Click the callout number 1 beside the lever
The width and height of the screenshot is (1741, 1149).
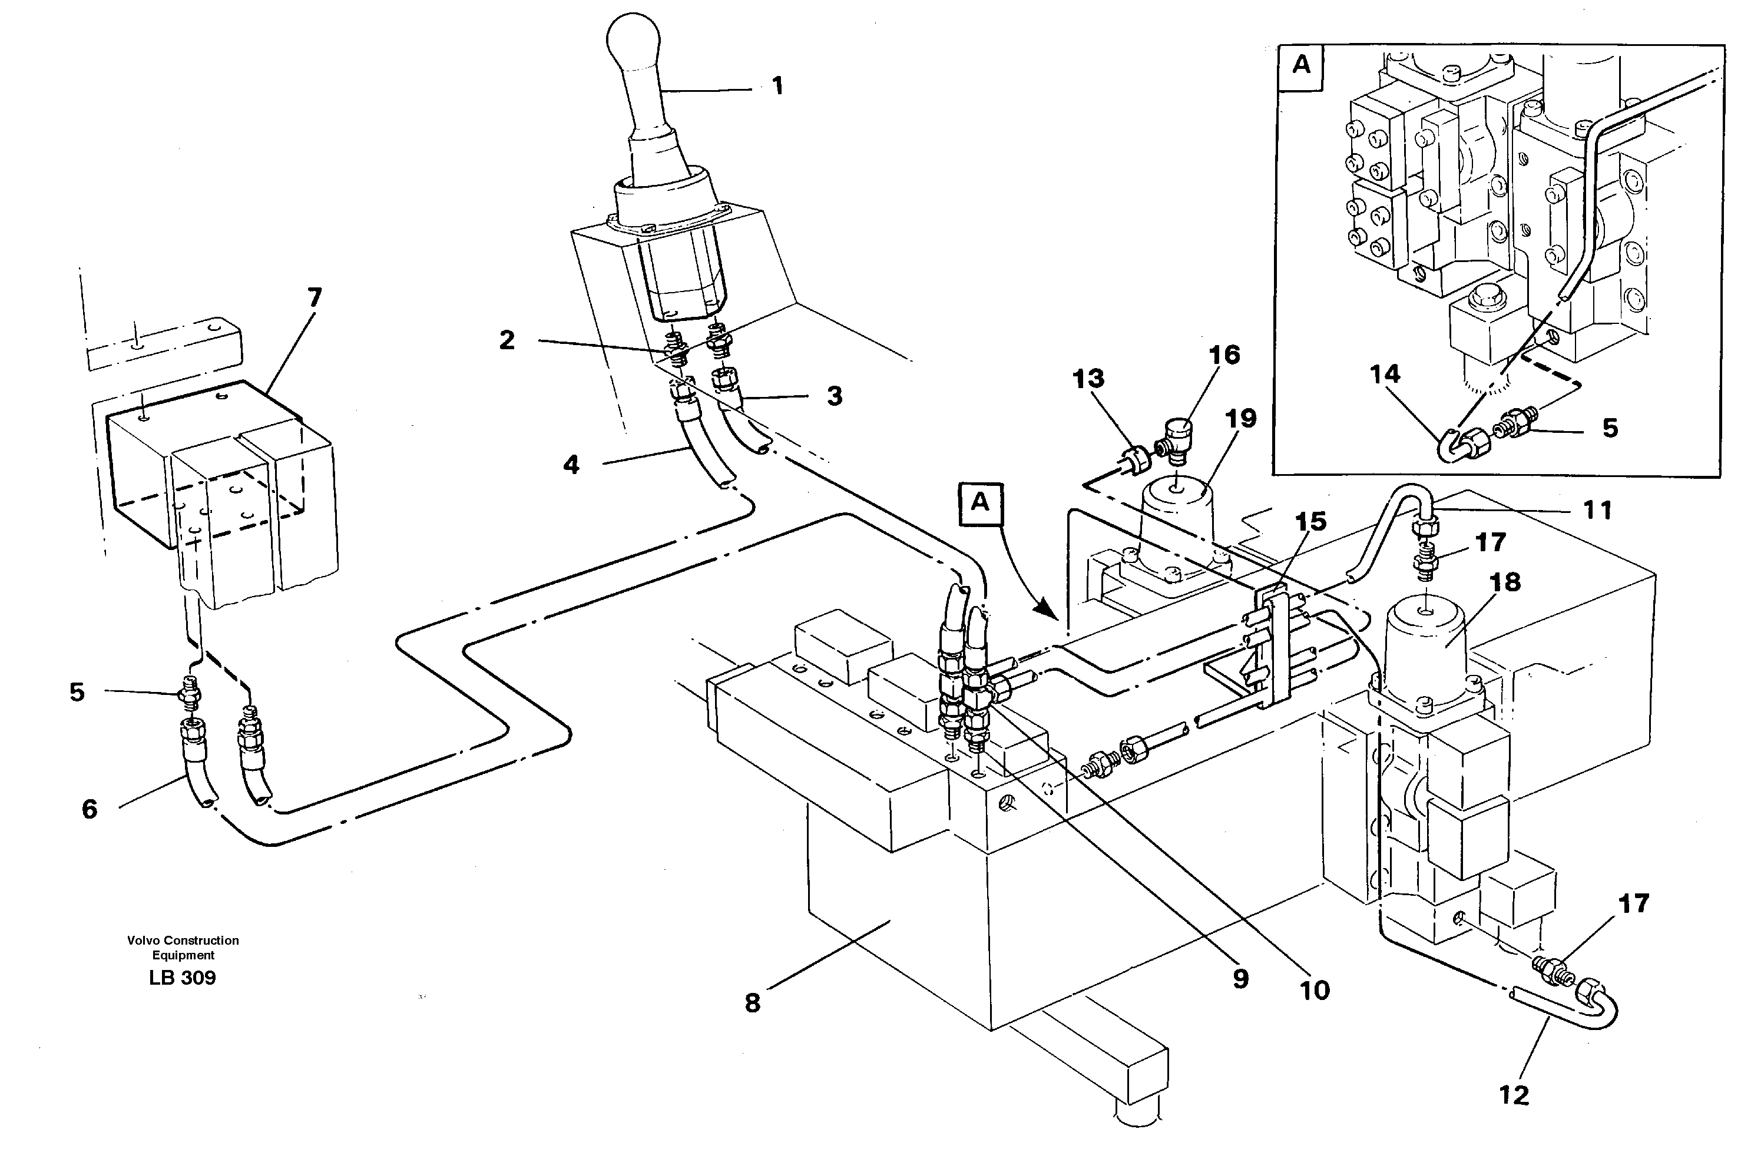[777, 87]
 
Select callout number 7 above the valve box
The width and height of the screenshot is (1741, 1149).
[313, 297]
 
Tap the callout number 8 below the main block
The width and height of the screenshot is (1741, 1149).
[753, 1003]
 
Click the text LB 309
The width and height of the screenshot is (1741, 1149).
[182, 978]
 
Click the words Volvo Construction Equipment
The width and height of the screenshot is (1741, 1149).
[183, 948]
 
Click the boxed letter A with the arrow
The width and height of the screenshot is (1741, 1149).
[979, 503]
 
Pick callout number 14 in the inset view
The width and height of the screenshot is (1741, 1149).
[1384, 375]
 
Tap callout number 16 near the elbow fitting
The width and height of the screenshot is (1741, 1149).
[1224, 355]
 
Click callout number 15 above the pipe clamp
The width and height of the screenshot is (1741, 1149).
[1310, 522]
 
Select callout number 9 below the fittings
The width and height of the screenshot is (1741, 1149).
[1240, 979]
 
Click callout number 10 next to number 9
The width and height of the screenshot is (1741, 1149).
[1314, 990]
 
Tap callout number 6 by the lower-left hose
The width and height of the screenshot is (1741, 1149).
[90, 809]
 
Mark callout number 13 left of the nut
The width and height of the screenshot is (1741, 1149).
[1088, 379]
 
